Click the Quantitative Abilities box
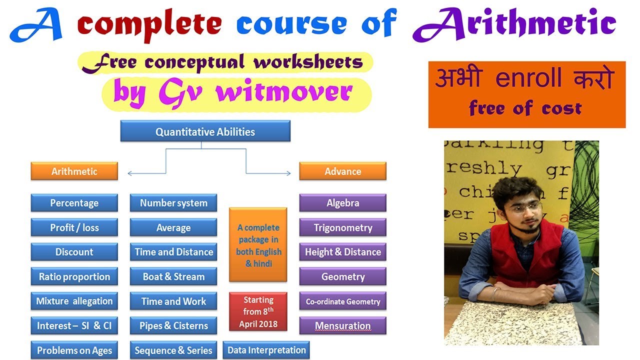205,132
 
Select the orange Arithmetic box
74,171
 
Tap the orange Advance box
342,171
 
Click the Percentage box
74,203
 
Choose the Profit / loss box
74,227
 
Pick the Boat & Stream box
173,276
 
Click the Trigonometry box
342,227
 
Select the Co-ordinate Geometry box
342,301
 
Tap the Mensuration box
342,326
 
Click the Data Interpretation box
266,350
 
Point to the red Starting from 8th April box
258,311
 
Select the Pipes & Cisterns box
173,326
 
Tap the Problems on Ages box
74,350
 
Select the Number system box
173,203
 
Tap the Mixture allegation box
74,301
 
